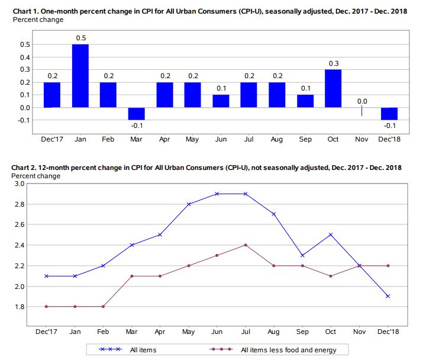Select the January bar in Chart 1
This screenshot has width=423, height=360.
point(80,76)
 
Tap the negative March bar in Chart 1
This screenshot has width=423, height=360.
point(137,114)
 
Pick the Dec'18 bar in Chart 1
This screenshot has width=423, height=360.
point(389,114)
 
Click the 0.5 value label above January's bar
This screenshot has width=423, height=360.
point(80,38)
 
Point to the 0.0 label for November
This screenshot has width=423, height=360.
point(361,101)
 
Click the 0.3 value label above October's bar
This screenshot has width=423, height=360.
point(333,63)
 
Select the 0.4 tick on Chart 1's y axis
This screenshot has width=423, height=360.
point(25,57)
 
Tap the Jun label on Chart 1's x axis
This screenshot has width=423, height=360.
point(221,140)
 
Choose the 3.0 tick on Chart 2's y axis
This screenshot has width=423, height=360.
point(18,184)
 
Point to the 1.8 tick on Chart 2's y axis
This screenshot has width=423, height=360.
point(18,307)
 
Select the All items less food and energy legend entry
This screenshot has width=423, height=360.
point(288,351)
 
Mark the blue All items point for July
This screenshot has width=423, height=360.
point(246,194)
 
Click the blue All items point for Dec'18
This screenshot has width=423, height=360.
point(388,296)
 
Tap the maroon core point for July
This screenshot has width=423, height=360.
point(246,245)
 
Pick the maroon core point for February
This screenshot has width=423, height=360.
point(104,306)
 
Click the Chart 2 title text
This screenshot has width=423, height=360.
point(206,168)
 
